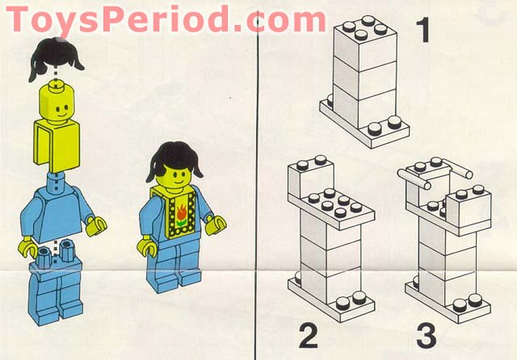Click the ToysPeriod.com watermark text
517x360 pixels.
166,18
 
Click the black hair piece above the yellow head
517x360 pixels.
54,58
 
